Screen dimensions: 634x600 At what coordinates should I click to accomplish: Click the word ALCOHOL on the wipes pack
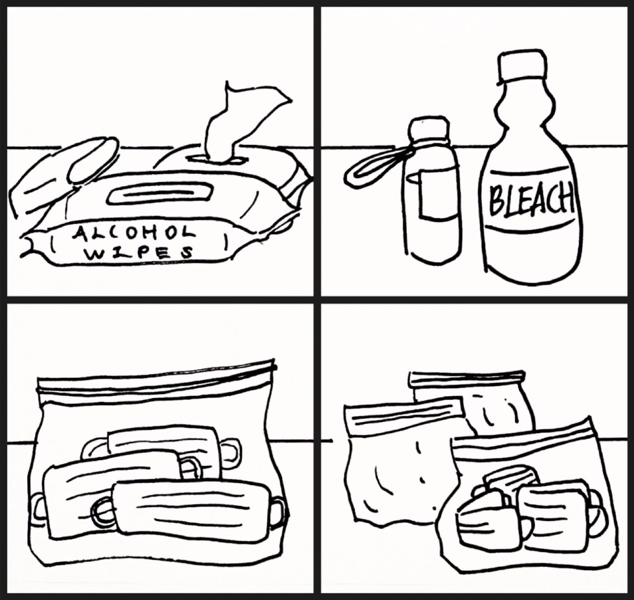coord(134,233)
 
